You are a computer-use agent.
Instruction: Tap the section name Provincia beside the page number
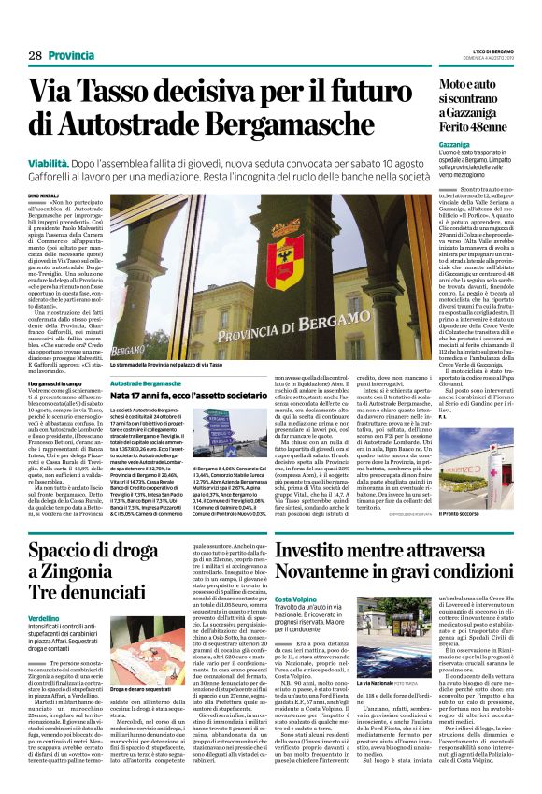click(71, 56)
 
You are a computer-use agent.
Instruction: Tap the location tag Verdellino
click(50, 620)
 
